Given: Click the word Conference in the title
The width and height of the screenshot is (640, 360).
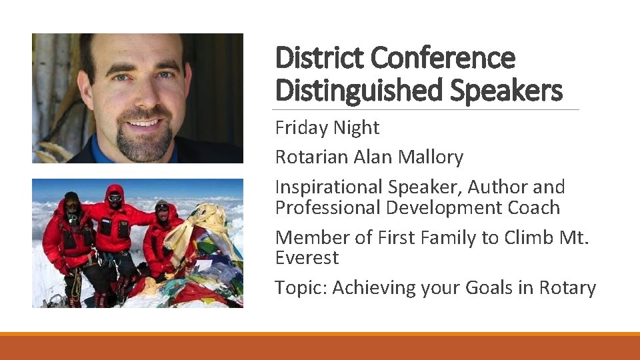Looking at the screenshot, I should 443,58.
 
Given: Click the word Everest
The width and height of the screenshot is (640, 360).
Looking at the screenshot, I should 307,257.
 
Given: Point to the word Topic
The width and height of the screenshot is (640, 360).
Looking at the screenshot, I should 301,287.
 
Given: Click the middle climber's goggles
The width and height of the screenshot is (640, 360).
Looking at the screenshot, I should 115,197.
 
